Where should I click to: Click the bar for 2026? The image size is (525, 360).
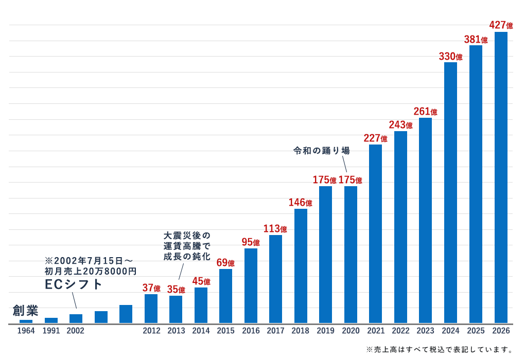(501, 177)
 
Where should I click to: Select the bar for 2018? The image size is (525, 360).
(301, 266)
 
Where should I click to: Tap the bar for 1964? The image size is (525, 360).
(26, 321)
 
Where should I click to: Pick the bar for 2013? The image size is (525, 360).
(176, 310)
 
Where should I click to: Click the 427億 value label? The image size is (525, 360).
(501, 25)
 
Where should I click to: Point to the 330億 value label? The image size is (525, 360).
(451, 56)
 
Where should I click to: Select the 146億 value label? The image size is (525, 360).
(301, 203)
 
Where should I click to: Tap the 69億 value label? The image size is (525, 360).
(225, 263)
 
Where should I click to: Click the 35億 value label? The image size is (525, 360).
(176, 289)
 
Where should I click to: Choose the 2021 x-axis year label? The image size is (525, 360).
(376, 331)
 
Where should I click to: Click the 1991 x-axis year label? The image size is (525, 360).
(51, 331)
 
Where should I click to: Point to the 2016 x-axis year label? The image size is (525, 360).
(251, 331)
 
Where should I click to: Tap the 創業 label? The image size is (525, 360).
(25, 311)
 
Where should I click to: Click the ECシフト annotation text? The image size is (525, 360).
(73, 284)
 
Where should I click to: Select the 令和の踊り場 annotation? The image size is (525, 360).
(321, 151)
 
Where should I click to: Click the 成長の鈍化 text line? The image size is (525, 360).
(187, 256)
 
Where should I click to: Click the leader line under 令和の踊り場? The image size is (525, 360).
(344, 164)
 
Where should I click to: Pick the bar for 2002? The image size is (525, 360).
(76, 319)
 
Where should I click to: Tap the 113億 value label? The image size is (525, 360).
(275, 229)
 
